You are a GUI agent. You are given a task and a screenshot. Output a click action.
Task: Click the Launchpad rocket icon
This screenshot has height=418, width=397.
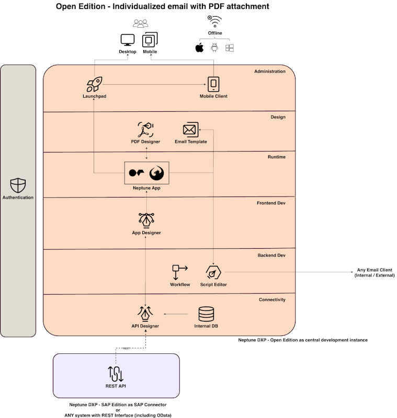94,85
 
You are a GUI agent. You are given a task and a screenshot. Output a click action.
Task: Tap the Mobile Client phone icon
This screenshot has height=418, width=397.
213,85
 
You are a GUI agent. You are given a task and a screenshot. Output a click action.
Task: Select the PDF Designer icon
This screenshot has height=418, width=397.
145,129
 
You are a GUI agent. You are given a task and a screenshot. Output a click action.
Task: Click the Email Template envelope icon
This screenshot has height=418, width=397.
190,130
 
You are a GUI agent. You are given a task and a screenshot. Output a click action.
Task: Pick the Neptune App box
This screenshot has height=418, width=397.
146,173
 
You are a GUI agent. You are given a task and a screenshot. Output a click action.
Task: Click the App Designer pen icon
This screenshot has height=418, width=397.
146,220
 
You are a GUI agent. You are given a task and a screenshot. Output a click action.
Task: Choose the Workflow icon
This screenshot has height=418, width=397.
179,272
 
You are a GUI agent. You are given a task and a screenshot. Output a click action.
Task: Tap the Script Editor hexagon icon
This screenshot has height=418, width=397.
213,273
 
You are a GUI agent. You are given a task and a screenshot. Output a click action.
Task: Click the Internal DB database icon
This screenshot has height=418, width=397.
206,314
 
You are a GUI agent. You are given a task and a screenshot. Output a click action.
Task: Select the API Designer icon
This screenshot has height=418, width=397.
145,313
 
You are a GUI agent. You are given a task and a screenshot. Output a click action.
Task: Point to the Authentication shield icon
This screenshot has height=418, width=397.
18,185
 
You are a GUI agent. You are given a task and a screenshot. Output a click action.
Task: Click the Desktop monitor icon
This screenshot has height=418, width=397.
127,40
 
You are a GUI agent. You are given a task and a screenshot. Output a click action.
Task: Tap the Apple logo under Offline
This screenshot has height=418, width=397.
199,48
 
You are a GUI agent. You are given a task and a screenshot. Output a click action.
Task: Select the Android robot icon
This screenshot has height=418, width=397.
214,48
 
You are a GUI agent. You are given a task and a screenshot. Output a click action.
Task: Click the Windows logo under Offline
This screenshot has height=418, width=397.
229,48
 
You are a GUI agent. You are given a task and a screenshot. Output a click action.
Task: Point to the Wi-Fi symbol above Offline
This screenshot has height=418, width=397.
214,22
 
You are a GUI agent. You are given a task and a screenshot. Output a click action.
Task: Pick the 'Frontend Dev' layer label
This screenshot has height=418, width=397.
271,203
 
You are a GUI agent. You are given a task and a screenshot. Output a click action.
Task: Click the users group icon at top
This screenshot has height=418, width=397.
140,24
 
